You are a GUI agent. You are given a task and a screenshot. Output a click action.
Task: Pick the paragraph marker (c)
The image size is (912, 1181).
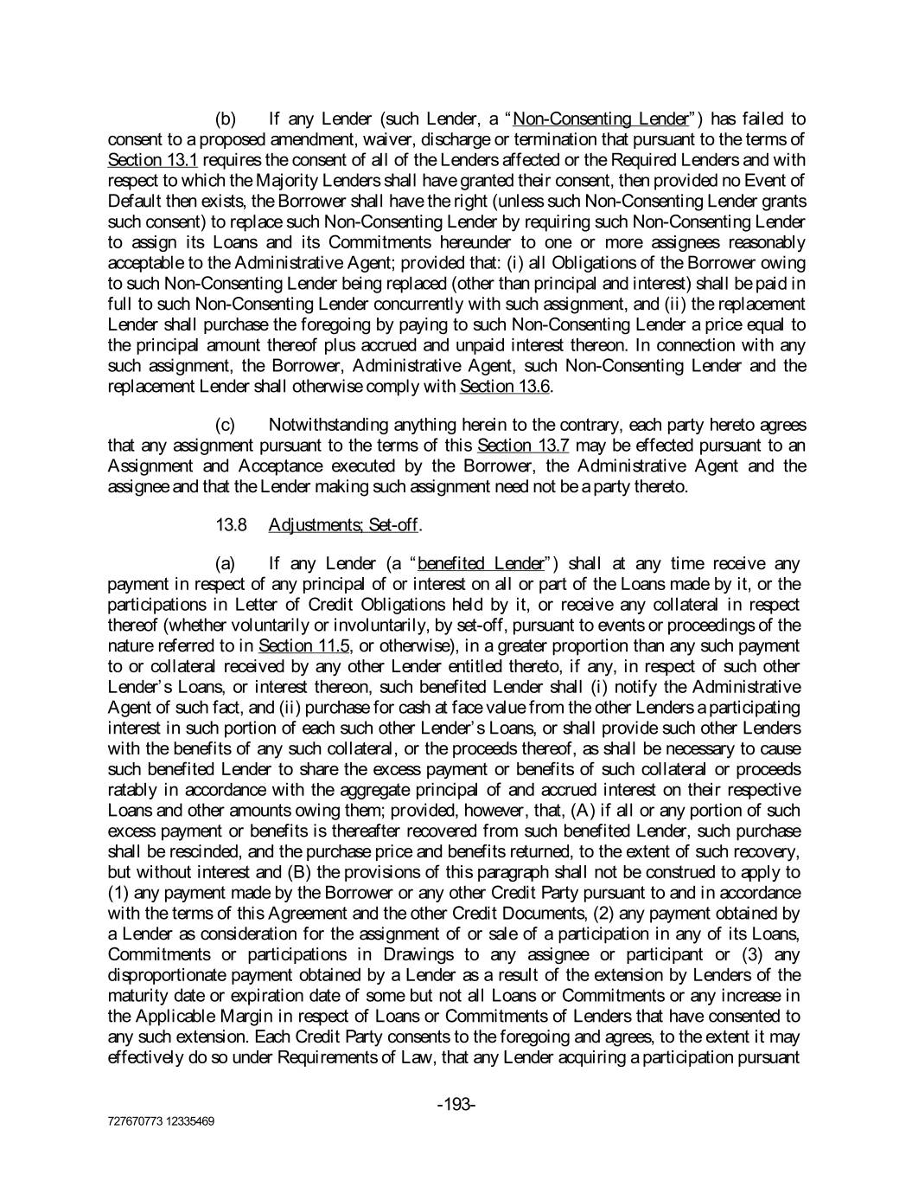[226, 425]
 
